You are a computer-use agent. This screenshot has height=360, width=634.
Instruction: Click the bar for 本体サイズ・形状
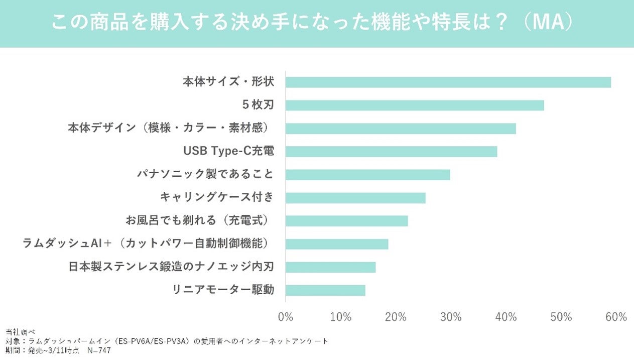(448, 82)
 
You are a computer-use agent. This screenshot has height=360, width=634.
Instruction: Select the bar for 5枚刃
(415, 105)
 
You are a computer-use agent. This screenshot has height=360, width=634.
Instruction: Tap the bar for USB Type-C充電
(391, 152)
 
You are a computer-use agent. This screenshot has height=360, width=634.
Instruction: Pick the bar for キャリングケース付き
(355, 198)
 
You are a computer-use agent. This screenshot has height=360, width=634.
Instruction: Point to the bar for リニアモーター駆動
(325, 290)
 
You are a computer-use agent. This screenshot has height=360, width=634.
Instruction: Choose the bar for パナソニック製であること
(368, 175)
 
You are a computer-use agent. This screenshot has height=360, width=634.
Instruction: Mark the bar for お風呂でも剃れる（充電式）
(346, 221)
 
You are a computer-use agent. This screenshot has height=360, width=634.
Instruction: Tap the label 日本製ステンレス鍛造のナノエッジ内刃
(171, 267)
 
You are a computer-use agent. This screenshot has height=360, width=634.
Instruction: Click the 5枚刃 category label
(258, 105)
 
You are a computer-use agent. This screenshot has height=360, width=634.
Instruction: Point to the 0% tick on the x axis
(285, 317)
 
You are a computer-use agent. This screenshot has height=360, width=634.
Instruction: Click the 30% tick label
(451, 317)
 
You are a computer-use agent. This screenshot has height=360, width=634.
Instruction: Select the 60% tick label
(616, 317)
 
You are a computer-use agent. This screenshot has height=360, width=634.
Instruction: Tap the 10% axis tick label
(340, 317)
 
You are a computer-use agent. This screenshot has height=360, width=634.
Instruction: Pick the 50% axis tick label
(561, 317)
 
